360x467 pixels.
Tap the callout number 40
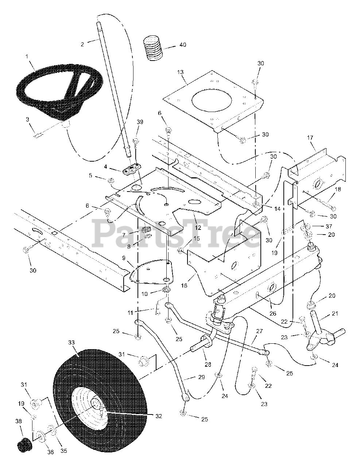coord(182,45)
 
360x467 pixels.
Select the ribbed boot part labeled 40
coord(152,48)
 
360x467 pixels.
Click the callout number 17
coord(310,138)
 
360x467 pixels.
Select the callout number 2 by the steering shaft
coord(82,44)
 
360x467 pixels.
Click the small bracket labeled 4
coord(131,170)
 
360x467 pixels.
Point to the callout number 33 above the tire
coord(71,343)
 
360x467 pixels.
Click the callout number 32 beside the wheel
coord(158,416)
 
